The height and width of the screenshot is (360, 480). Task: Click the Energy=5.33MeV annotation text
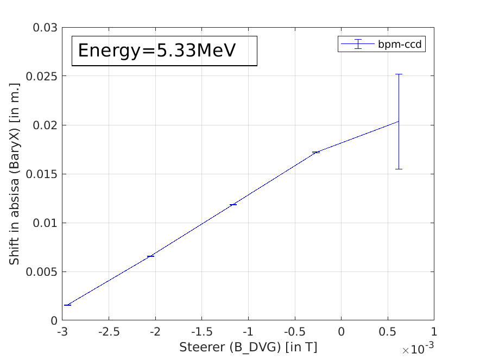(157, 50)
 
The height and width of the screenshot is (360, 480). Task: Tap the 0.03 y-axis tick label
(45, 27)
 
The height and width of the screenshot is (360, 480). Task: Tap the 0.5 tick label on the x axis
(387, 332)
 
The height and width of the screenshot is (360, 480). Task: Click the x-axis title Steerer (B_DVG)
(248, 346)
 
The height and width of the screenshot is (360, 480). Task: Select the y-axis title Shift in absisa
(15, 174)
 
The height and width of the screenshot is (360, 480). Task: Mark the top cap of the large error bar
(399, 74)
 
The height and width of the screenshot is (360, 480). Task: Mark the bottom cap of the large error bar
(399, 169)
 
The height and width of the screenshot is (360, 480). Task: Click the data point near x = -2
(150, 256)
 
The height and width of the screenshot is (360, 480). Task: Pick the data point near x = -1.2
(233, 204)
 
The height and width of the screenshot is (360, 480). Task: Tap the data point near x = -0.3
(315, 152)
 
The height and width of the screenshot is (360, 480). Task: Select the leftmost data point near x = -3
(67, 305)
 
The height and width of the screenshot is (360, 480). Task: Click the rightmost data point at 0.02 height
(399, 121)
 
